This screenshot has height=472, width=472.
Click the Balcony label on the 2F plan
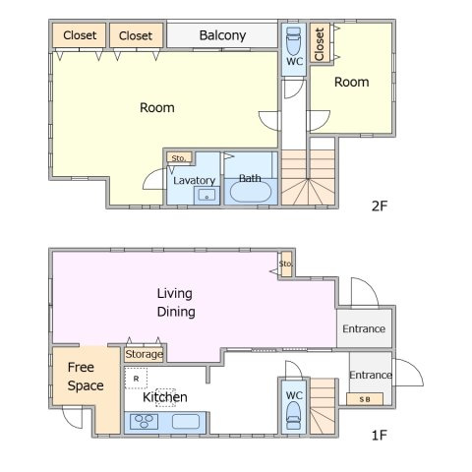point(222,35)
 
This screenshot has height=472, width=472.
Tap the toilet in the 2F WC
point(293,41)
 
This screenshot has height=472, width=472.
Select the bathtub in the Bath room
point(251,192)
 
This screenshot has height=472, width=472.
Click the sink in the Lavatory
point(206,195)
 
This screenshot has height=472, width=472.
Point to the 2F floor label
point(380,206)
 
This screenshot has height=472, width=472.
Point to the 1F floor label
point(380,436)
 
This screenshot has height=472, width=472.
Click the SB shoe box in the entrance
point(365,399)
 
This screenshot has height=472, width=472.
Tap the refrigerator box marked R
point(136,379)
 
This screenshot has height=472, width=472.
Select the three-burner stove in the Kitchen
point(144,422)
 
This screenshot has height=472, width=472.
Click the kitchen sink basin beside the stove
point(186,422)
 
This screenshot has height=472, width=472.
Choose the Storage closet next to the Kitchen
point(144,354)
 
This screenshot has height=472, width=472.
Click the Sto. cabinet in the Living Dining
point(286,265)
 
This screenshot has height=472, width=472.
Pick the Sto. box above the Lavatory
point(179,158)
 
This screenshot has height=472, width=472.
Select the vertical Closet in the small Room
point(320,44)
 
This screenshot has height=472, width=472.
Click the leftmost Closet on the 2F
point(80,35)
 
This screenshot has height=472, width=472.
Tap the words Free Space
point(86,377)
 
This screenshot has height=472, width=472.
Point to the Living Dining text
point(176,302)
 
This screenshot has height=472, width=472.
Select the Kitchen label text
point(165,397)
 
